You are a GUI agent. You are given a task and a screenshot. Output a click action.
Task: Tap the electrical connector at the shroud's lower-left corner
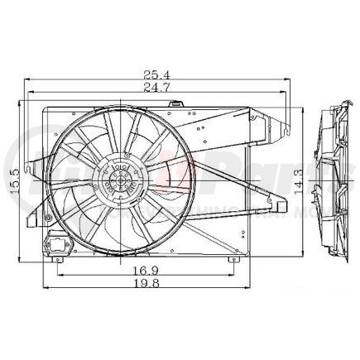coord(58,245)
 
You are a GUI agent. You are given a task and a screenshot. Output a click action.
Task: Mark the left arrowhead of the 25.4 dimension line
coord(29,81)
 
